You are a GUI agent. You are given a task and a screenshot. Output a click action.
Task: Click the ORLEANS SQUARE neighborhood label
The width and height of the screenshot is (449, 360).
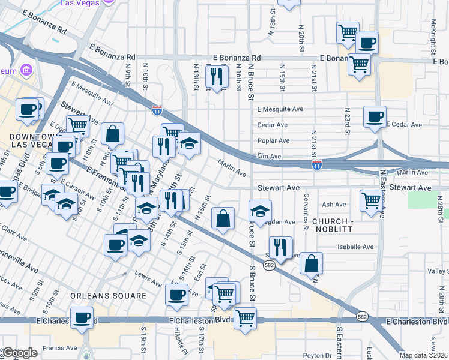click(x=108, y=296)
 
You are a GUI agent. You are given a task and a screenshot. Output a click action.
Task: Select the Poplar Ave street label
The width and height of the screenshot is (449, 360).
click(x=273, y=140)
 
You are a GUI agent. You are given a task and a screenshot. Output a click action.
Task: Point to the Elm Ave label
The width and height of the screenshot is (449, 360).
click(x=270, y=156)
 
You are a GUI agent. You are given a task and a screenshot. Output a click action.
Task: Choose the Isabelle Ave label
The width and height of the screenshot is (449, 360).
click(x=355, y=247)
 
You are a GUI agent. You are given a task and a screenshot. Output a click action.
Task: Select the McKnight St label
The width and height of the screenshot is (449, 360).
click(x=433, y=24)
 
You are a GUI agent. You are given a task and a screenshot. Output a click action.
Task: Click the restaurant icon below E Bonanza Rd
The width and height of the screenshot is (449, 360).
click(x=216, y=76)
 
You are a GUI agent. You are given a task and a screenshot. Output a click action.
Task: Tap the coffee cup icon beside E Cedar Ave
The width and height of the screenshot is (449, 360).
click(x=375, y=116)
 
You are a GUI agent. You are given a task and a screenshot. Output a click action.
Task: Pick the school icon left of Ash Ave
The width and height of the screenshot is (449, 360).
click(x=260, y=211)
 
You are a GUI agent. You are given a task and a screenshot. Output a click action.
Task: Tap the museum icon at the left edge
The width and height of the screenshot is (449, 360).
click(x=25, y=71)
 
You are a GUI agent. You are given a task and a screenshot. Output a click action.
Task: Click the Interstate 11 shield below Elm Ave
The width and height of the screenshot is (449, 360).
click(x=316, y=164)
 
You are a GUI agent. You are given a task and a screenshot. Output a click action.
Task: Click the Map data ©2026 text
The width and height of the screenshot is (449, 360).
click(x=423, y=355)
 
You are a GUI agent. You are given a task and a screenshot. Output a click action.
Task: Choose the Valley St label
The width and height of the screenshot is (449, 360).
click(x=437, y=271)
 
